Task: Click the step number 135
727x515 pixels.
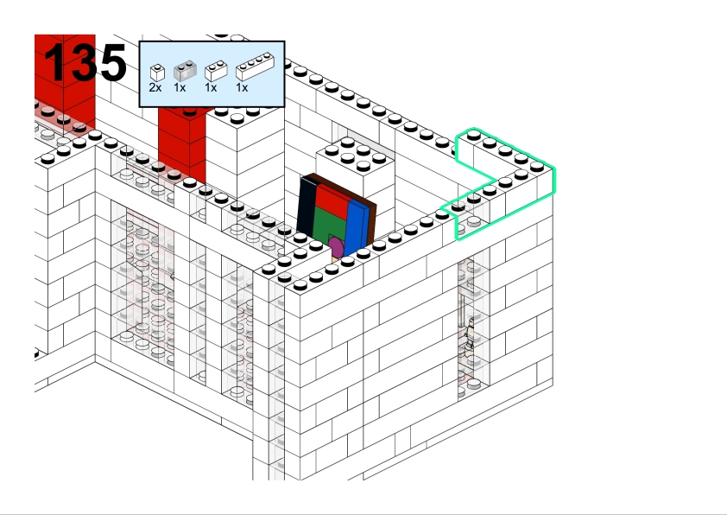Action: (85, 63)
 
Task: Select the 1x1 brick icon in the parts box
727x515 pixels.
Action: (157, 73)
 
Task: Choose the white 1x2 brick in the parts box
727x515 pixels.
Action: (216, 71)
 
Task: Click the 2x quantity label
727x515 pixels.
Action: (155, 88)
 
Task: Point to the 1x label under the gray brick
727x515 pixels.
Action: (180, 88)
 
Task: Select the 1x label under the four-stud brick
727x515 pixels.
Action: (243, 88)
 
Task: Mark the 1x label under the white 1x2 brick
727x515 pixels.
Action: (211, 88)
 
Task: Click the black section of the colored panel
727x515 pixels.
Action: (306, 207)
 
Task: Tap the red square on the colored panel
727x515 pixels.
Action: (332, 201)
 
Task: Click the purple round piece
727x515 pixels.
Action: (336, 249)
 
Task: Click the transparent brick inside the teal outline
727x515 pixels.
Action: (471, 225)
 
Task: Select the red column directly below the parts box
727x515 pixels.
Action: (183, 138)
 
